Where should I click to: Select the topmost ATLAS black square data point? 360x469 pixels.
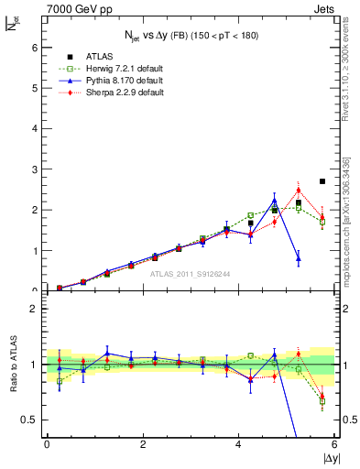[x=322, y=181]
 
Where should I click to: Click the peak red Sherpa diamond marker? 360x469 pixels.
[x=299, y=191]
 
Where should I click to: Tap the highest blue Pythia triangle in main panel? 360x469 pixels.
[x=275, y=201]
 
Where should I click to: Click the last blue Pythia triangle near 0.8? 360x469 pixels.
[x=299, y=258]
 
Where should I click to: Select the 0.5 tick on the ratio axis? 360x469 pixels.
[x=31, y=420]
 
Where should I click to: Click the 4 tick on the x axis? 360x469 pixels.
[x=239, y=444]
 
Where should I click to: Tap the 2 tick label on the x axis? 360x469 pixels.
[x=143, y=444]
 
